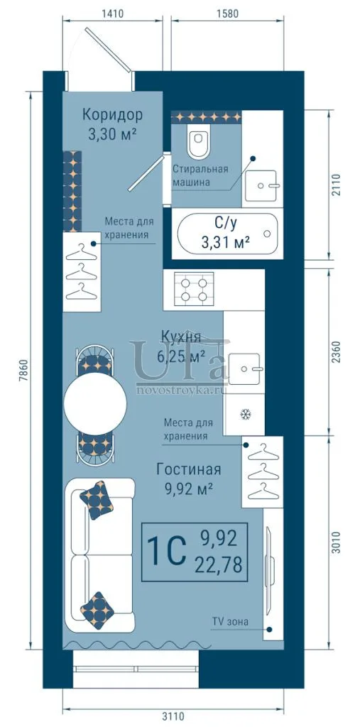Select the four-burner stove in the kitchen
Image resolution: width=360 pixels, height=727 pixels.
tap(194, 289)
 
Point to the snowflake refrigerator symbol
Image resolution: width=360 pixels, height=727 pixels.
tap(244, 414)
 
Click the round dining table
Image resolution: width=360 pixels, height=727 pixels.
tap(95, 403)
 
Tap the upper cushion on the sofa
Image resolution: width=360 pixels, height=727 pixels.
tap(97, 500)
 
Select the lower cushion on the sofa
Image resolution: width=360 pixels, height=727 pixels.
tap(97, 611)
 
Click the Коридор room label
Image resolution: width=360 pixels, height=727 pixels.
tap(112, 114)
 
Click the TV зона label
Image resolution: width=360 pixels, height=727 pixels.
tap(231, 621)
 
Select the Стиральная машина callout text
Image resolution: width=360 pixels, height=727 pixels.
tap(200, 175)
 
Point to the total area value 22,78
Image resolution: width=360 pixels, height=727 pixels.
tap(219, 565)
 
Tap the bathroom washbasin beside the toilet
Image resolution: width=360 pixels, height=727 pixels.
tap(261, 185)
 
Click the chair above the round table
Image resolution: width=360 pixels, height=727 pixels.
tap(94, 359)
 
